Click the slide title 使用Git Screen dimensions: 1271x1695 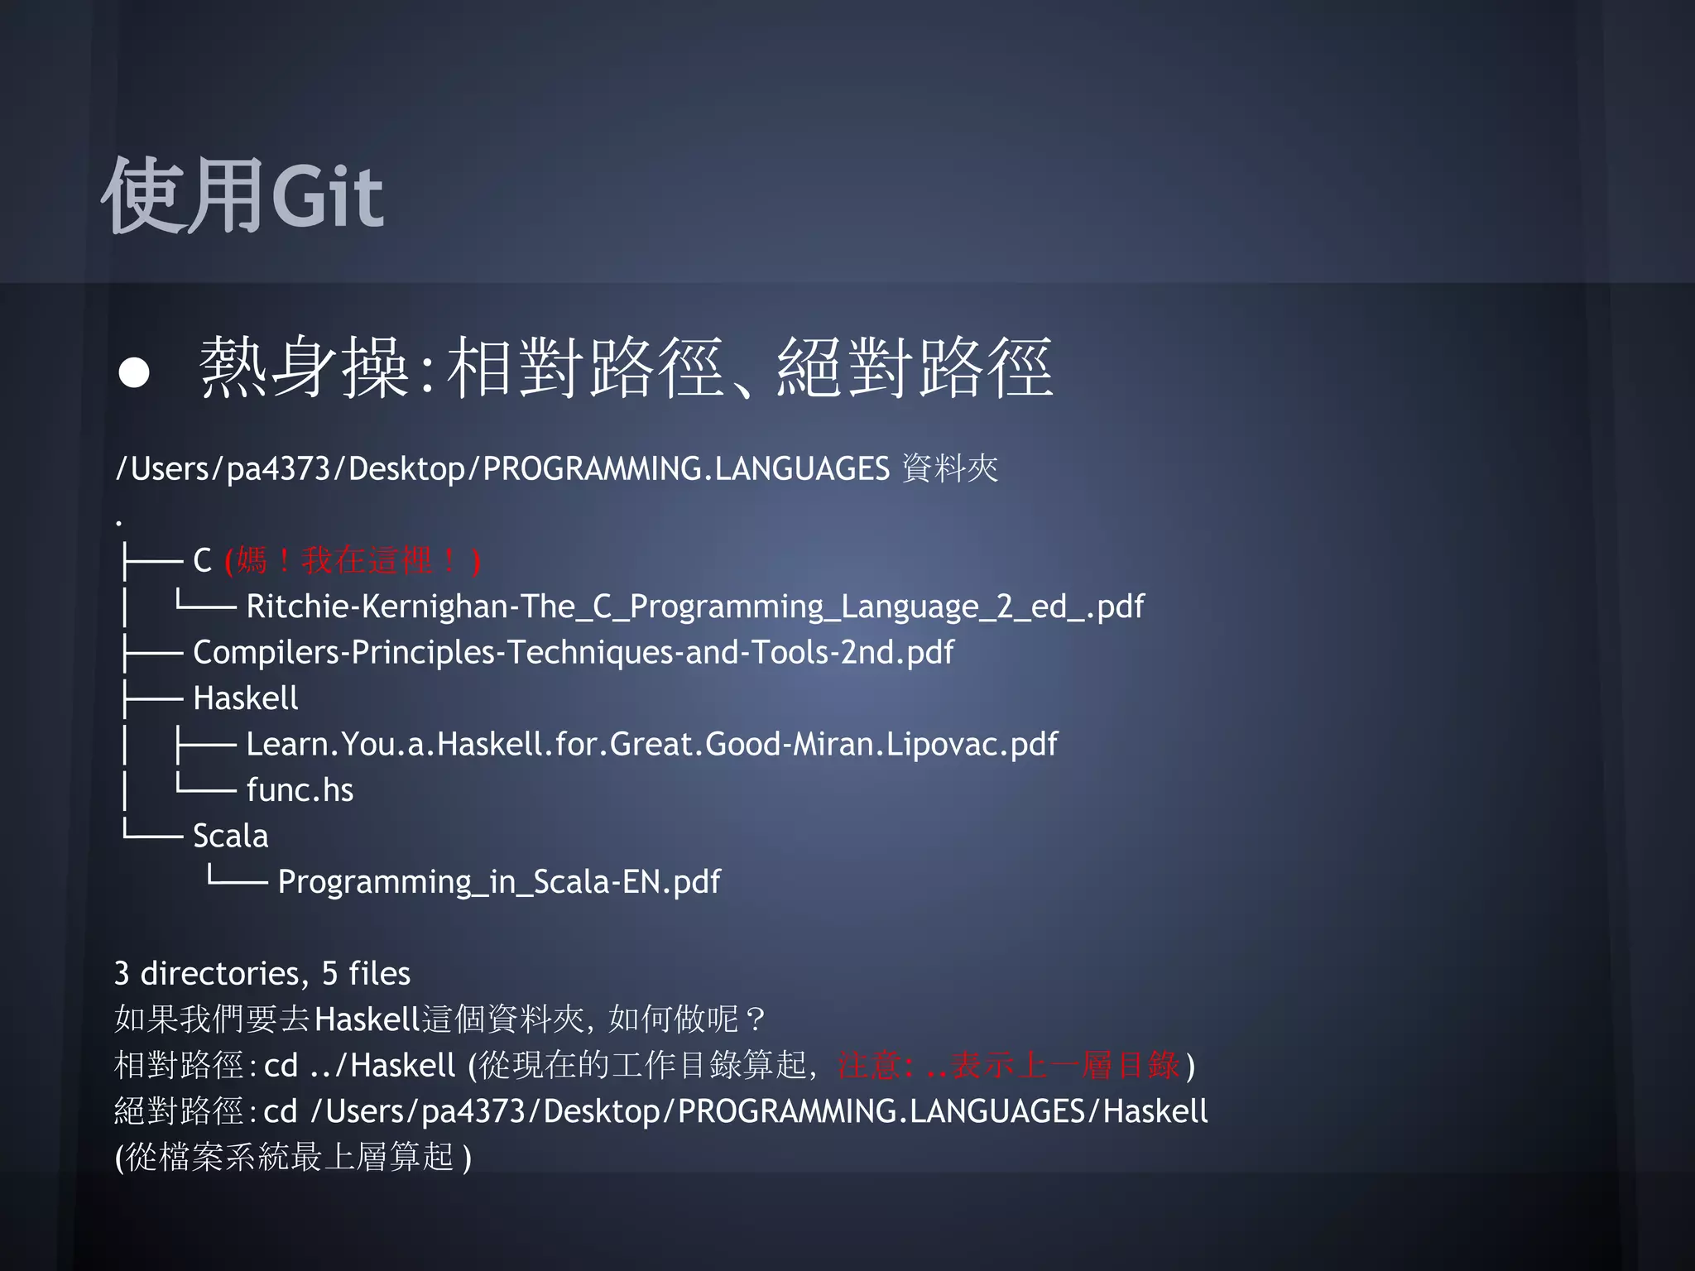pos(242,196)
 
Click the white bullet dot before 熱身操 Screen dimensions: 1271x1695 pos(134,372)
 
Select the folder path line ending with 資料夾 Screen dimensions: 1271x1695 pos(556,468)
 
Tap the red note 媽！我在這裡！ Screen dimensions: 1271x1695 pos(353,561)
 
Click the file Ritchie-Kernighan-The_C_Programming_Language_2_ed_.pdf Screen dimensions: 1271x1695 pos(694,607)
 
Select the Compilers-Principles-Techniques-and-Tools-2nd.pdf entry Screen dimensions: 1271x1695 pos(573,652)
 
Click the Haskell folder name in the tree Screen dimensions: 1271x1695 pos(245,698)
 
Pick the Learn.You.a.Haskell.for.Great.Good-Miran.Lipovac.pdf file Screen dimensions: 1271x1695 pos(651,744)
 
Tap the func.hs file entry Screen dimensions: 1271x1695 pos(300,790)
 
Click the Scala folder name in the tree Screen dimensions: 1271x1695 pos(230,836)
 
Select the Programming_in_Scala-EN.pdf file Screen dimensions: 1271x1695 pos(499,882)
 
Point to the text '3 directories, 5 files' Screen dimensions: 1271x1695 pos(262,974)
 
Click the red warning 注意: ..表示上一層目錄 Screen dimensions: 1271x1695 pos(1008,1066)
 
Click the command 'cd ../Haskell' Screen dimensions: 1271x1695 pos(359,1066)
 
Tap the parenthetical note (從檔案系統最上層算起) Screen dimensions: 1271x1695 pos(293,1157)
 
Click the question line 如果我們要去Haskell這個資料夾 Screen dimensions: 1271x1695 pos(439,1019)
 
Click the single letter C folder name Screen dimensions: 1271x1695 pos(203,561)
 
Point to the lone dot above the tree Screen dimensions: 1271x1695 pos(119,522)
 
